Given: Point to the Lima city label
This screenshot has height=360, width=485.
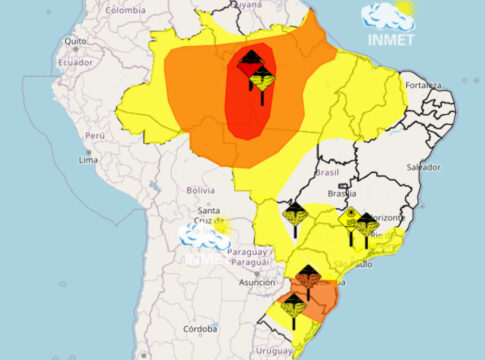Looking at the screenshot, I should (88, 159).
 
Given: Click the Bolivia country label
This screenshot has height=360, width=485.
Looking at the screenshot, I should (201, 189).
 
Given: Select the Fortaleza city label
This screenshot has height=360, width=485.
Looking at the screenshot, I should (424, 85).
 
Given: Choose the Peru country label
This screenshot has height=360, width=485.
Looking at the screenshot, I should (94, 134).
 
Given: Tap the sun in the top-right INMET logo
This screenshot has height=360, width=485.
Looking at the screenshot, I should (403, 10).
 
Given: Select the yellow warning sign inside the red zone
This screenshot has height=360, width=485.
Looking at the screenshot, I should (264, 81).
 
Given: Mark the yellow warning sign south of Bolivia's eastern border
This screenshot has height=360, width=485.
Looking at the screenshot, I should (294, 214).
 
